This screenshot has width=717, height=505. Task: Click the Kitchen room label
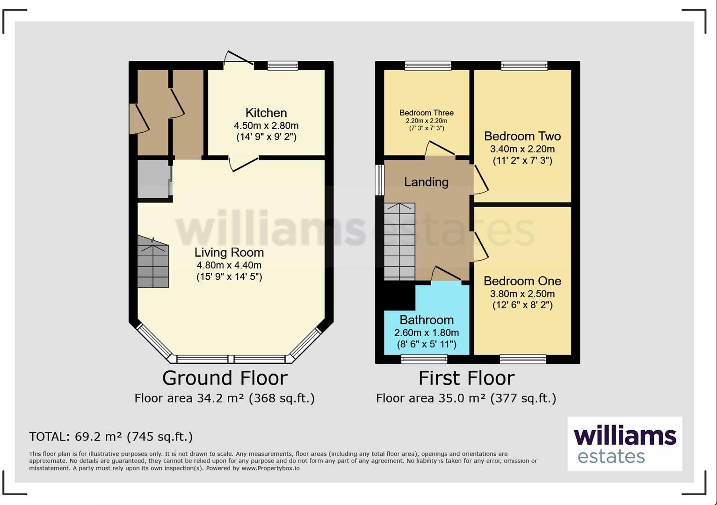tap(266, 113)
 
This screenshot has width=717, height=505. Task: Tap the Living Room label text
tap(229, 252)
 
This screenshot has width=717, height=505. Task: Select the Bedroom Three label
tap(426, 113)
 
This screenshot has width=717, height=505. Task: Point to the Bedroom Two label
tap(522, 136)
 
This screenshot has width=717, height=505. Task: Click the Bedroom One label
tap(522, 281)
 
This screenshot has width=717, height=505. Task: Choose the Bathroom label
tap(426, 320)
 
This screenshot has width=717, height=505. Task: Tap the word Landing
tap(426, 182)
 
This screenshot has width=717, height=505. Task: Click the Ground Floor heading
tap(225, 378)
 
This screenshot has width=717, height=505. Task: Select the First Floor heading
tap(466, 378)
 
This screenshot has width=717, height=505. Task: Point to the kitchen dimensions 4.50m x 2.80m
tap(266, 126)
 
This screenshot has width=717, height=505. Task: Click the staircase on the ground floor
tap(153, 264)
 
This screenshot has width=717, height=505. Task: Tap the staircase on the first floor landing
tap(399, 242)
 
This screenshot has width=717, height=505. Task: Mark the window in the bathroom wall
tap(424, 359)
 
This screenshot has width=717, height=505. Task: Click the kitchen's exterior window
tap(282, 66)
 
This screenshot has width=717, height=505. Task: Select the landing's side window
tap(380, 180)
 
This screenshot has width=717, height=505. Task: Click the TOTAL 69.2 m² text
tap(111, 437)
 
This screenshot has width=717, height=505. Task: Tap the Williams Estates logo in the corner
tap(624, 444)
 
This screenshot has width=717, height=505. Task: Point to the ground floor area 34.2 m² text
tap(225, 398)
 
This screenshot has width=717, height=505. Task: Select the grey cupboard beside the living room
tap(153, 180)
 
